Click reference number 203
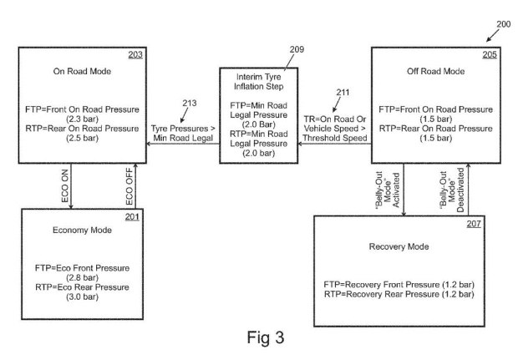point(135,54)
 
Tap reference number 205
point(490,54)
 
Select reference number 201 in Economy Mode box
point(132,216)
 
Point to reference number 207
point(474,224)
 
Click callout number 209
point(297,49)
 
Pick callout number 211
point(343,92)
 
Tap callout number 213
point(190,103)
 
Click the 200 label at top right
point(504,24)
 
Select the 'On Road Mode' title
point(82,71)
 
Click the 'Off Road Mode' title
point(436,71)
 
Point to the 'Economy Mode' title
point(82,231)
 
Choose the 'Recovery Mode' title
point(399,246)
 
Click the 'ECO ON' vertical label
point(65,186)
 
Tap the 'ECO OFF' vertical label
point(129,186)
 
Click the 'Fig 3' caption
point(266,337)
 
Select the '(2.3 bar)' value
point(82,119)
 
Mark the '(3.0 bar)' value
point(82,297)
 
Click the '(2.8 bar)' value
point(82,277)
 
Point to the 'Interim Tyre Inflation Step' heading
point(259,82)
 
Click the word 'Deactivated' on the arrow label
point(460,190)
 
